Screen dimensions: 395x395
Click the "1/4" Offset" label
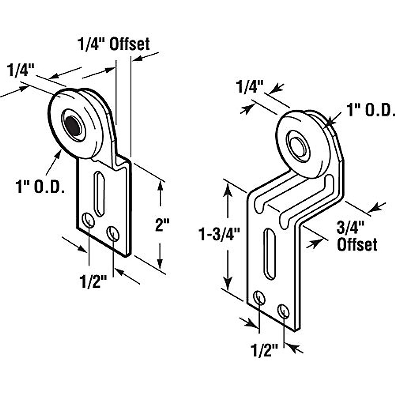(114, 44)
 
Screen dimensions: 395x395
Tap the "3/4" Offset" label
(357, 236)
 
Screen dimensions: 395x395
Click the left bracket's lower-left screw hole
(88, 220)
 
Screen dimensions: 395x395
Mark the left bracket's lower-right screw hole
(113, 233)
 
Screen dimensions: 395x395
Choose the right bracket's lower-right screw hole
(283, 311)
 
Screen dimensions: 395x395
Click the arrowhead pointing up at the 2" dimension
(160, 186)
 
